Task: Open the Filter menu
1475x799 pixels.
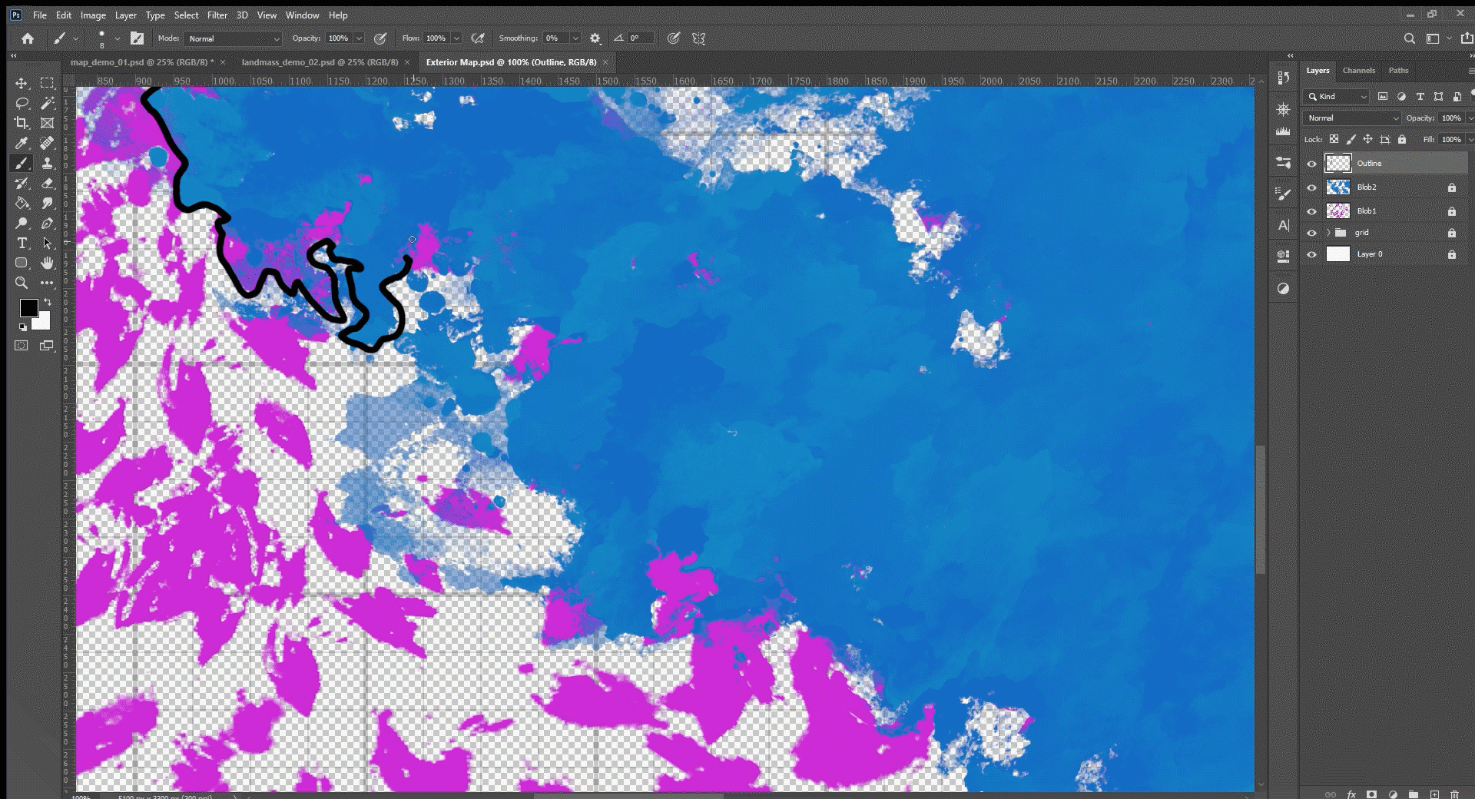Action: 217,15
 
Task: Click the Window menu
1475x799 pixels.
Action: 302,15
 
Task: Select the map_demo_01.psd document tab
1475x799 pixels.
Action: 141,62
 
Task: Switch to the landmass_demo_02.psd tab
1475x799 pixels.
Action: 320,62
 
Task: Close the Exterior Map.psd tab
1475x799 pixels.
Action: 605,62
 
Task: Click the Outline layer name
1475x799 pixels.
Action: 1369,163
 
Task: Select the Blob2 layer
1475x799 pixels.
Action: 1366,187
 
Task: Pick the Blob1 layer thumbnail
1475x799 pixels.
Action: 1338,211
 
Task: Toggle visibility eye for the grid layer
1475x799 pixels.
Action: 1311,233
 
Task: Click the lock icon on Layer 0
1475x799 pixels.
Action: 1451,254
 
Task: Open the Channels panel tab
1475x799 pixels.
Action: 1358,71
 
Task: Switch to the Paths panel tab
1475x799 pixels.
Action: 1398,71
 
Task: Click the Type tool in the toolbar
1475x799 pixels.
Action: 22,244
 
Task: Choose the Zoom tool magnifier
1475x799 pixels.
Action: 22,283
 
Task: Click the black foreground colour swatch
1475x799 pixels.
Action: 28,308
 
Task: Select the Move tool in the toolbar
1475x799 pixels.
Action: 22,83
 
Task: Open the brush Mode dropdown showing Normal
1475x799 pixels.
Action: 234,38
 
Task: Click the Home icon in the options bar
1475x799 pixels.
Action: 28,38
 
